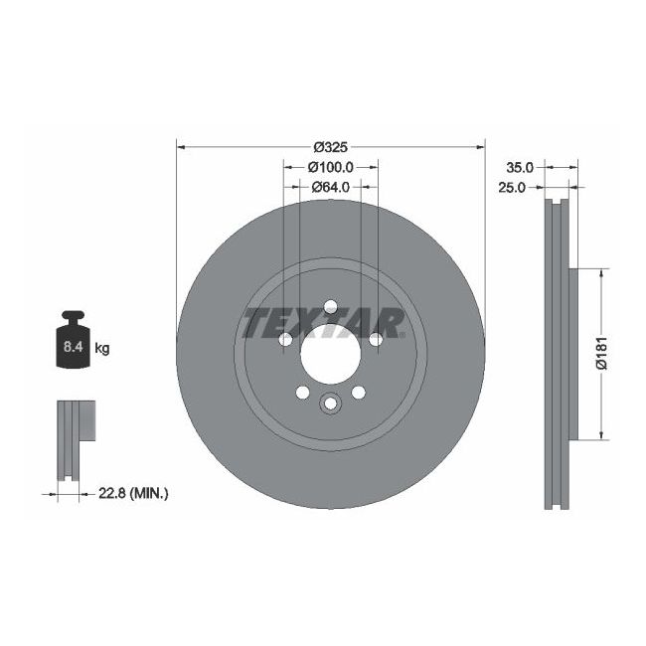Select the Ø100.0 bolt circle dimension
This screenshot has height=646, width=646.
[x=329, y=167]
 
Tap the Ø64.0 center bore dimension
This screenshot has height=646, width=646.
[x=329, y=186]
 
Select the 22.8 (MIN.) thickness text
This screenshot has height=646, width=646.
[x=132, y=492]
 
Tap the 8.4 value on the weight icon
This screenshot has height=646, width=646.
[x=73, y=348]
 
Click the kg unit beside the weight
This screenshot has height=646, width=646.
[x=101, y=348]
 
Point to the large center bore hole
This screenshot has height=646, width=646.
[x=330, y=353]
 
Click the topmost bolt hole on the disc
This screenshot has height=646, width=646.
[x=330, y=306]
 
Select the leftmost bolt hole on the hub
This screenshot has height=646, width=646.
[x=285, y=340]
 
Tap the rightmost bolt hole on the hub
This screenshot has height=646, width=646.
[x=376, y=340]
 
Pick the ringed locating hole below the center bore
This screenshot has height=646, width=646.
[x=330, y=404]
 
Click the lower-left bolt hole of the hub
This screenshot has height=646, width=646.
[x=302, y=394]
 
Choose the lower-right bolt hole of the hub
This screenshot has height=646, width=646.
[x=358, y=394]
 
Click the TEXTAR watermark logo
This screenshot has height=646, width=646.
[x=324, y=323]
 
